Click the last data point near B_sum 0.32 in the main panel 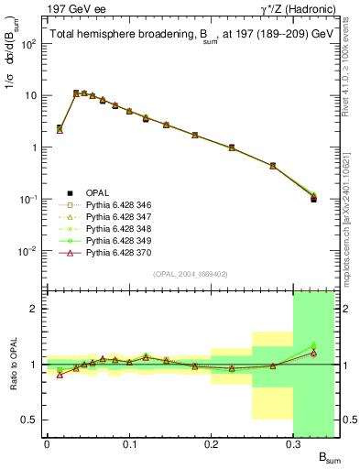tap(313, 197)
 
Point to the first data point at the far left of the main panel tap(60, 129)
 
